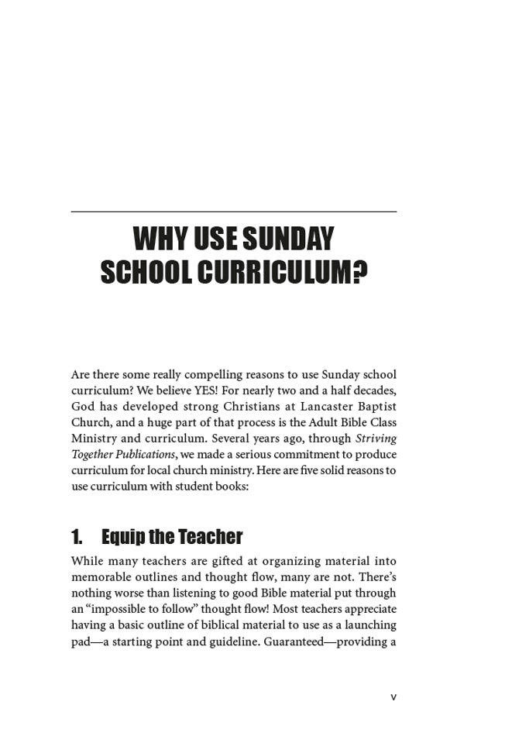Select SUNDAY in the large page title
coord(288,238)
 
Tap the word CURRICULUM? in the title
coord(282,272)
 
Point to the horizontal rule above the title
coord(233,212)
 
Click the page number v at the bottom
coord(393,697)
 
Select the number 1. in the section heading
coord(77,537)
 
